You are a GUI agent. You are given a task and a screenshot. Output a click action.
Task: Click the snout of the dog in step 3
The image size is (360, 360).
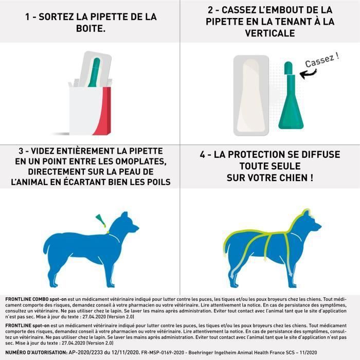point(135,228)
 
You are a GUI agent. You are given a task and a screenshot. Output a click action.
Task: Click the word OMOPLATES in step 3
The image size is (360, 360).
point(134,161)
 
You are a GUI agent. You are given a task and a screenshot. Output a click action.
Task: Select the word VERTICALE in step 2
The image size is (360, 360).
point(269,33)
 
